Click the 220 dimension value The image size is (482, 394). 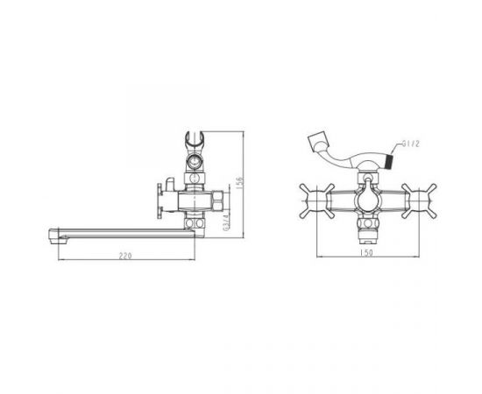point(125,256)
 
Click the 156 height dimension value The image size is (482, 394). point(240,182)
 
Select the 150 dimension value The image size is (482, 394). point(366,252)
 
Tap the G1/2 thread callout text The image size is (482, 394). point(411,144)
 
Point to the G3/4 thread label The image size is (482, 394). point(227,222)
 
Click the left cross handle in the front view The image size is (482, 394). point(316,201)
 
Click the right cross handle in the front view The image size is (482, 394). point(419,201)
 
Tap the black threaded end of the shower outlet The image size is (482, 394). point(389,162)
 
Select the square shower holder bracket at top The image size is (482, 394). point(318,141)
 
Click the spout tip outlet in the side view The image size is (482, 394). point(58,236)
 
